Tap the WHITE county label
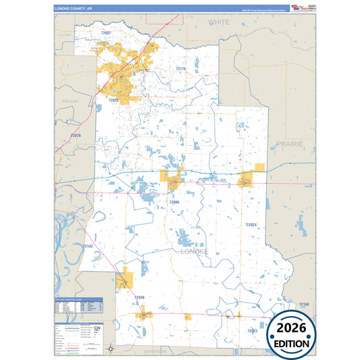tap(218, 22)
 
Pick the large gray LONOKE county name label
tap(195, 251)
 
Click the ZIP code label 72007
tap(107, 32)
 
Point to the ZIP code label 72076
tap(75, 136)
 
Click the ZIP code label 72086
tap(174, 202)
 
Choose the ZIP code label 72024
tap(252, 224)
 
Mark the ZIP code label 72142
tap(86, 247)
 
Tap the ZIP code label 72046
tap(140, 297)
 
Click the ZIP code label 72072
tap(252, 331)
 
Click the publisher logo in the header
tap(298, 8)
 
